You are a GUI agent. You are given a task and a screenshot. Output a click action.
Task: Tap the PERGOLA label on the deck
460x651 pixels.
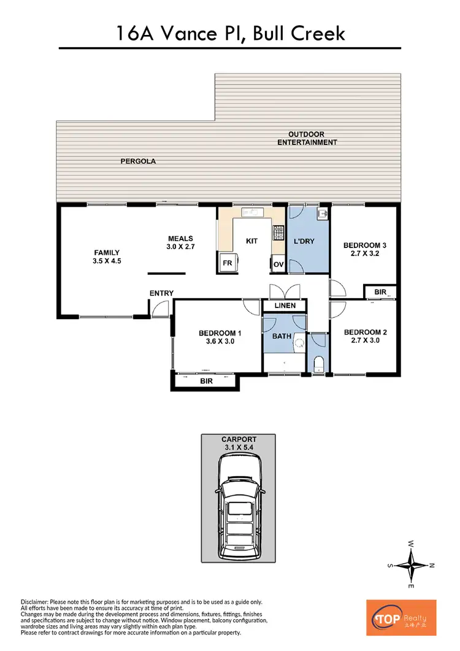[137, 161]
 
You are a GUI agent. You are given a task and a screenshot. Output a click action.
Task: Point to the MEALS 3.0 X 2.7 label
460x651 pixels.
[181, 243]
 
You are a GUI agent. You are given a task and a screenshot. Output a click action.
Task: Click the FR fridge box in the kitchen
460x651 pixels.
[226, 264]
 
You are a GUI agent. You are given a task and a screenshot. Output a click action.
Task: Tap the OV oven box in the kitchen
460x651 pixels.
[277, 264]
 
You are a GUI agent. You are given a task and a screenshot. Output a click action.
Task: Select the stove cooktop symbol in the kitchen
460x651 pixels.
[278, 233]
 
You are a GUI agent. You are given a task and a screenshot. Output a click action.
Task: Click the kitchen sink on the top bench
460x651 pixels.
[252, 213]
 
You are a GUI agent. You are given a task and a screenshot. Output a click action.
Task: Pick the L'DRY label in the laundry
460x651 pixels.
[304, 241]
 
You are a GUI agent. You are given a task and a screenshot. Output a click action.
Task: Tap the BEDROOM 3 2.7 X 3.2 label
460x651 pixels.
[364, 249]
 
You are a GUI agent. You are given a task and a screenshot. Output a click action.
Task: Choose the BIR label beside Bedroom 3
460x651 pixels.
[380, 292]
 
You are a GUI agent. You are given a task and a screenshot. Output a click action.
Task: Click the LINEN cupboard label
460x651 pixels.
[285, 306]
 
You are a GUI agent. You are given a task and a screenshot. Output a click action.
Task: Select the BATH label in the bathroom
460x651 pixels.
[282, 336]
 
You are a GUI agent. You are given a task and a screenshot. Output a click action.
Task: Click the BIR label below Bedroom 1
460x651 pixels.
[207, 381]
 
